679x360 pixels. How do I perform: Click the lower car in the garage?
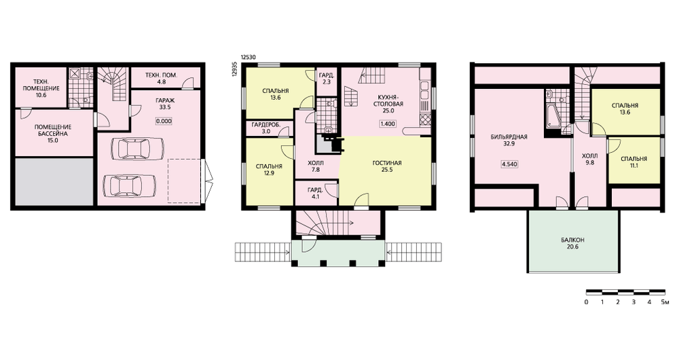[129, 186]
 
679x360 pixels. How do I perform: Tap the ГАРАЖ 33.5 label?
[165, 104]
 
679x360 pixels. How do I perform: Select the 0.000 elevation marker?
[164, 122]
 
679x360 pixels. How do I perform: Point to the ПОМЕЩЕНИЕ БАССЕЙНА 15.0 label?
[53, 133]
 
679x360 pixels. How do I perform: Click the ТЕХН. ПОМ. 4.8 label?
[162, 78]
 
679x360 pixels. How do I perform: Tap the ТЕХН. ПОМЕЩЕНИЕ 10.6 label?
[41, 88]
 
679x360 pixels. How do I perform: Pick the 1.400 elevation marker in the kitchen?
[388, 124]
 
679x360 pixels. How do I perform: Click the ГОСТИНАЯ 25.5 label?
[387, 166]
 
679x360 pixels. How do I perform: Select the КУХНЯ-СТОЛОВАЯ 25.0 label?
[388, 104]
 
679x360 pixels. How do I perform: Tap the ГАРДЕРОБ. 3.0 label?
[266, 128]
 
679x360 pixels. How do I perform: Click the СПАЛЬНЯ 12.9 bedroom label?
[269, 169]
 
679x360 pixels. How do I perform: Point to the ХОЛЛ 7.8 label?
[315, 166]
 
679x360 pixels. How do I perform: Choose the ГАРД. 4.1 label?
[315, 193]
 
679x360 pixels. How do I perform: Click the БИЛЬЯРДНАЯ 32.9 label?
[509, 141]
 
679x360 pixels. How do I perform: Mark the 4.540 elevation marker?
[509, 164]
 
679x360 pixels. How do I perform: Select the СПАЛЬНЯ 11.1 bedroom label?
[634, 162]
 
